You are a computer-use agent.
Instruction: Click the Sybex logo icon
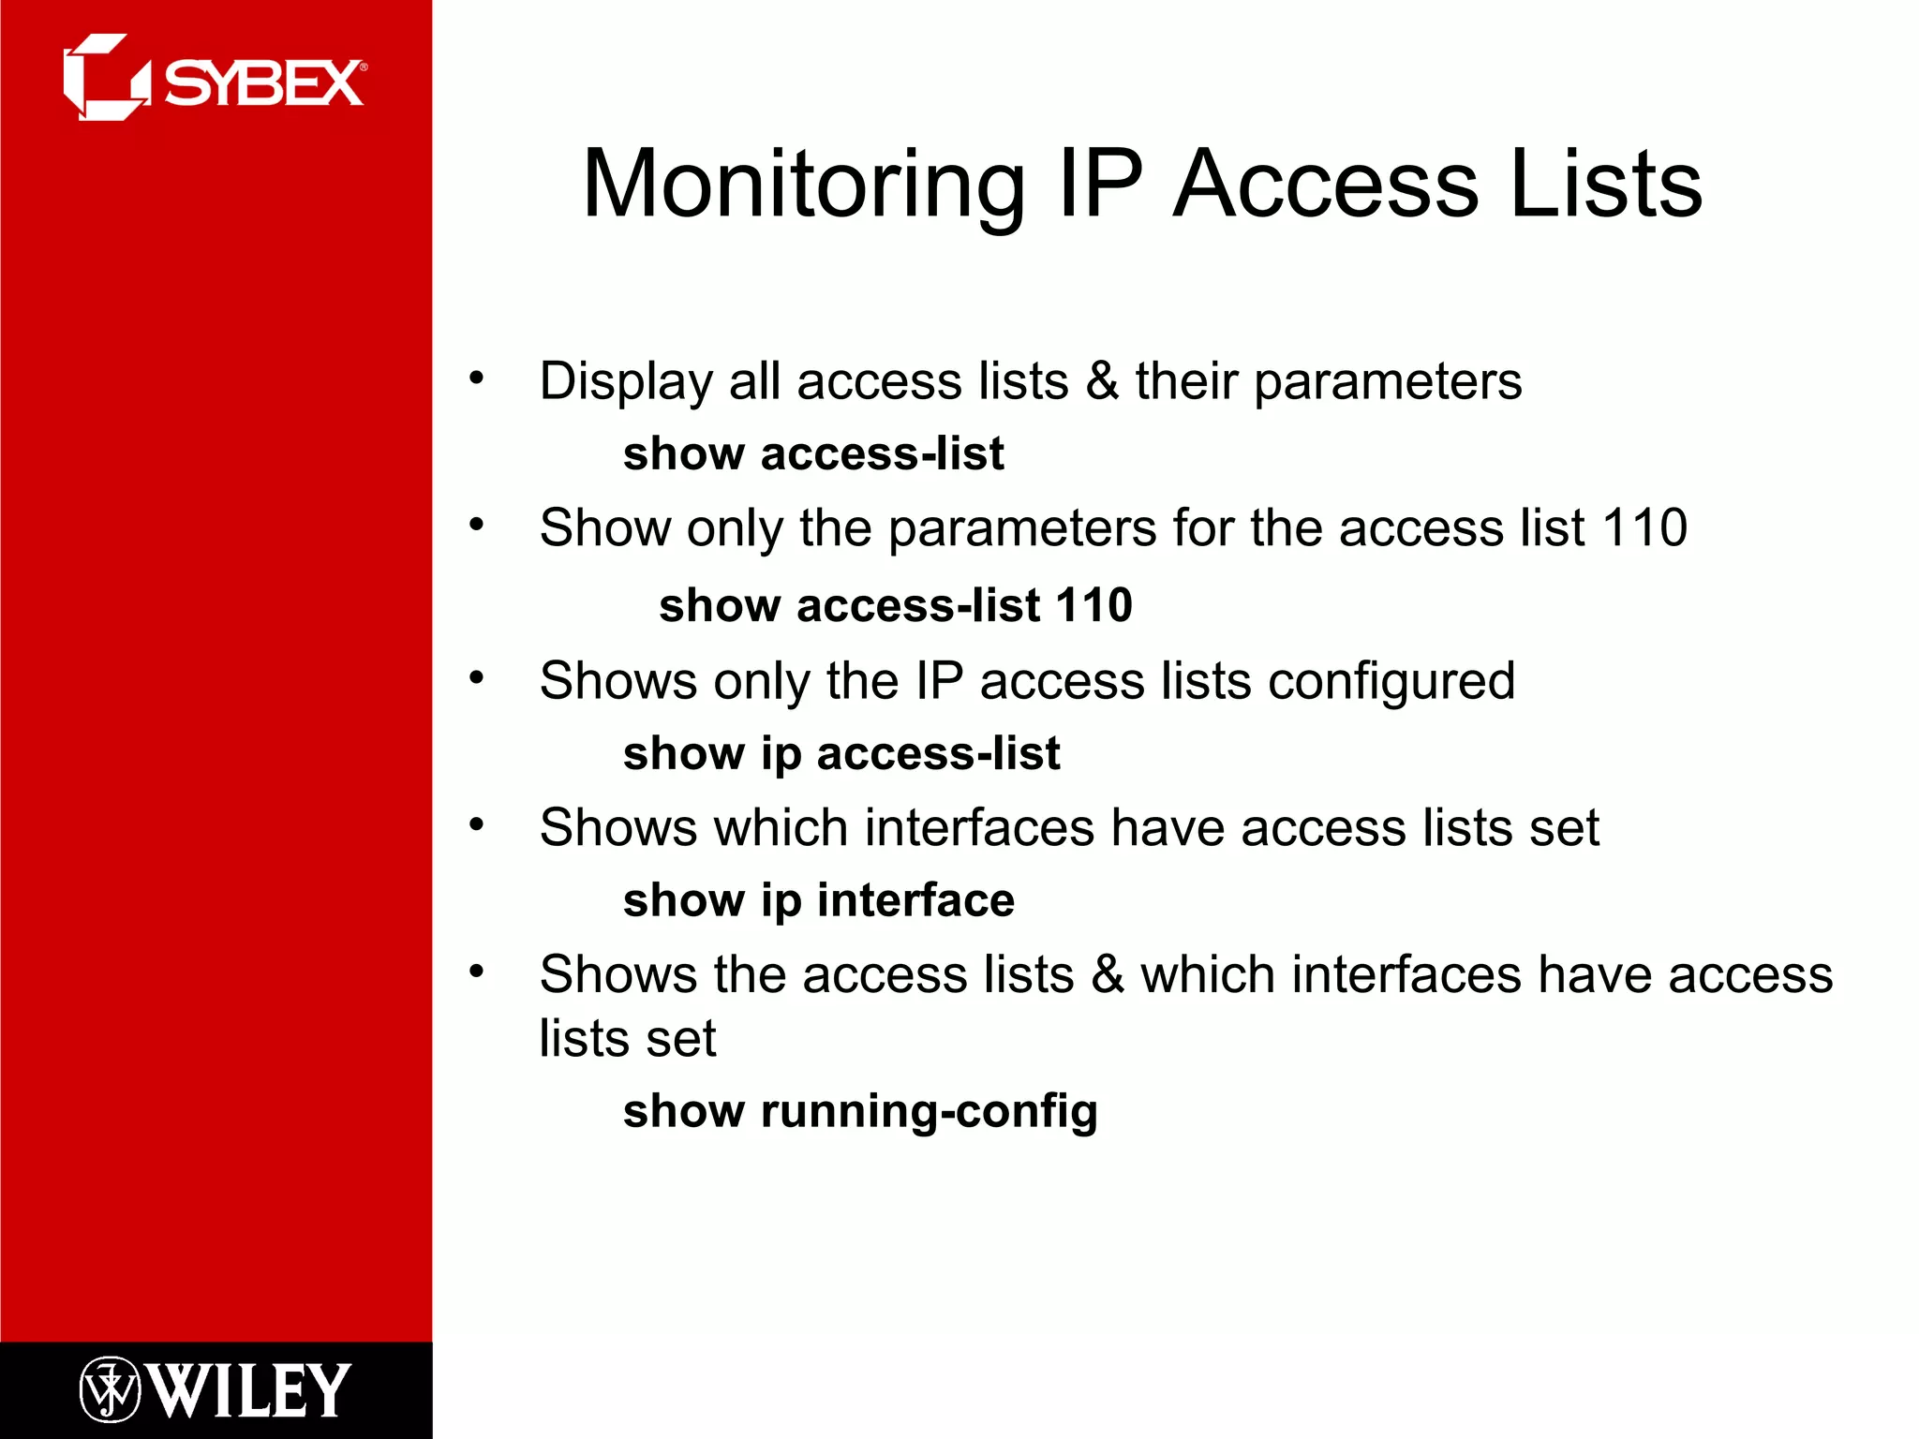105,78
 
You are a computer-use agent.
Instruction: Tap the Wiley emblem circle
110,1389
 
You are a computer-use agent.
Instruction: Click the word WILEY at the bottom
250,1390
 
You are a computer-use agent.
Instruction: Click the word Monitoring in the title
804,185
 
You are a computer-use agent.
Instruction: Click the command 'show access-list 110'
895,604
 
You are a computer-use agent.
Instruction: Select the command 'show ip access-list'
840,753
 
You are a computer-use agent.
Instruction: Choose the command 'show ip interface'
818,900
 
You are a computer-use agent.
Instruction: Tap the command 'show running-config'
859,1111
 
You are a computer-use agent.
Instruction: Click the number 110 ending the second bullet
1644,527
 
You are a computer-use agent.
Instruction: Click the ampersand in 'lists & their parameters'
1102,381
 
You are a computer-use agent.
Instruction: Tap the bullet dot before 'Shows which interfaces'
477,824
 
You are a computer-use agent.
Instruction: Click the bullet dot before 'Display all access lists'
477,378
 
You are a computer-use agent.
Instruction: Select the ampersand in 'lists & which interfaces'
1107,974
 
